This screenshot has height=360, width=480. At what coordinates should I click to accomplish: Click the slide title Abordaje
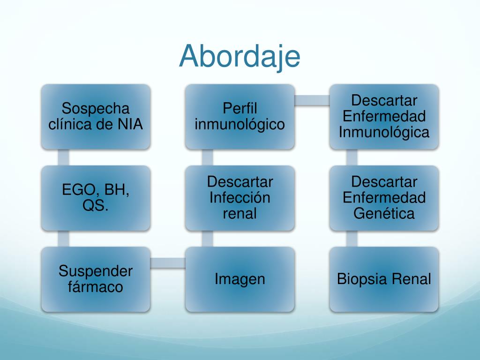(240, 56)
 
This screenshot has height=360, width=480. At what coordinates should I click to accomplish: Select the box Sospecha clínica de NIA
(96, 117)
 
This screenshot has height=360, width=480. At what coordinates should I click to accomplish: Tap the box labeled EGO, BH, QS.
(96, 198)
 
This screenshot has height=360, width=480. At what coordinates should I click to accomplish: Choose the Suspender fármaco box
(96, 279)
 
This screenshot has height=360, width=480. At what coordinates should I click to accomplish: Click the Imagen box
(240, 279)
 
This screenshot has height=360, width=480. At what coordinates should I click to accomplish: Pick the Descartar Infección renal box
(240, 198)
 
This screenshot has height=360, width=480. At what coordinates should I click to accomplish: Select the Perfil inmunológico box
(240, 117)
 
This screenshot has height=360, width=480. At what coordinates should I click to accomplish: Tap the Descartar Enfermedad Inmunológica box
(384, 117)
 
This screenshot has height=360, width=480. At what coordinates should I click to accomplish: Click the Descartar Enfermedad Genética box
(384, 198)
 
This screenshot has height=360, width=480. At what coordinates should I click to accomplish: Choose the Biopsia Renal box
(384, 279)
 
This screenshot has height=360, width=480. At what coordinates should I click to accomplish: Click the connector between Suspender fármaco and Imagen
(168, 263)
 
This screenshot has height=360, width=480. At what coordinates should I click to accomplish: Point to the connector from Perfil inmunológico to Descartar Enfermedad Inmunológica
(312, 100)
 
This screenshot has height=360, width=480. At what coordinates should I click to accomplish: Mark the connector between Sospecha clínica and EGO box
(63, 157)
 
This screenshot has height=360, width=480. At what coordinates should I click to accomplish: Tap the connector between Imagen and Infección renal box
(207, 239)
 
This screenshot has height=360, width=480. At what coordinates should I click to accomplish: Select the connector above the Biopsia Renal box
(352, 239)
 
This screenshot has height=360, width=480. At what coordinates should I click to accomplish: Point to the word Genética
(384, 214)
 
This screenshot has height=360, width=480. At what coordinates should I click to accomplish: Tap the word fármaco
(96, 287)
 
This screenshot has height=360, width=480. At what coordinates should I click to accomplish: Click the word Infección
(240, 198)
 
